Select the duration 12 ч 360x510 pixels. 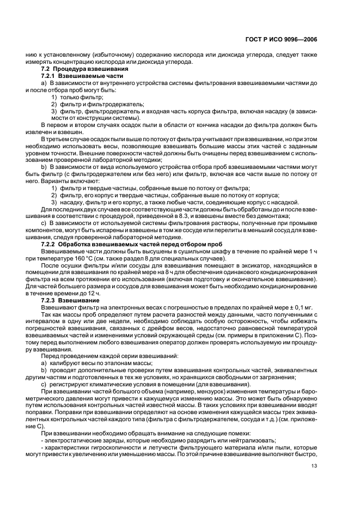[x=93, y=293]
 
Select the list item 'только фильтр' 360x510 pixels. [x=76, y=96]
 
